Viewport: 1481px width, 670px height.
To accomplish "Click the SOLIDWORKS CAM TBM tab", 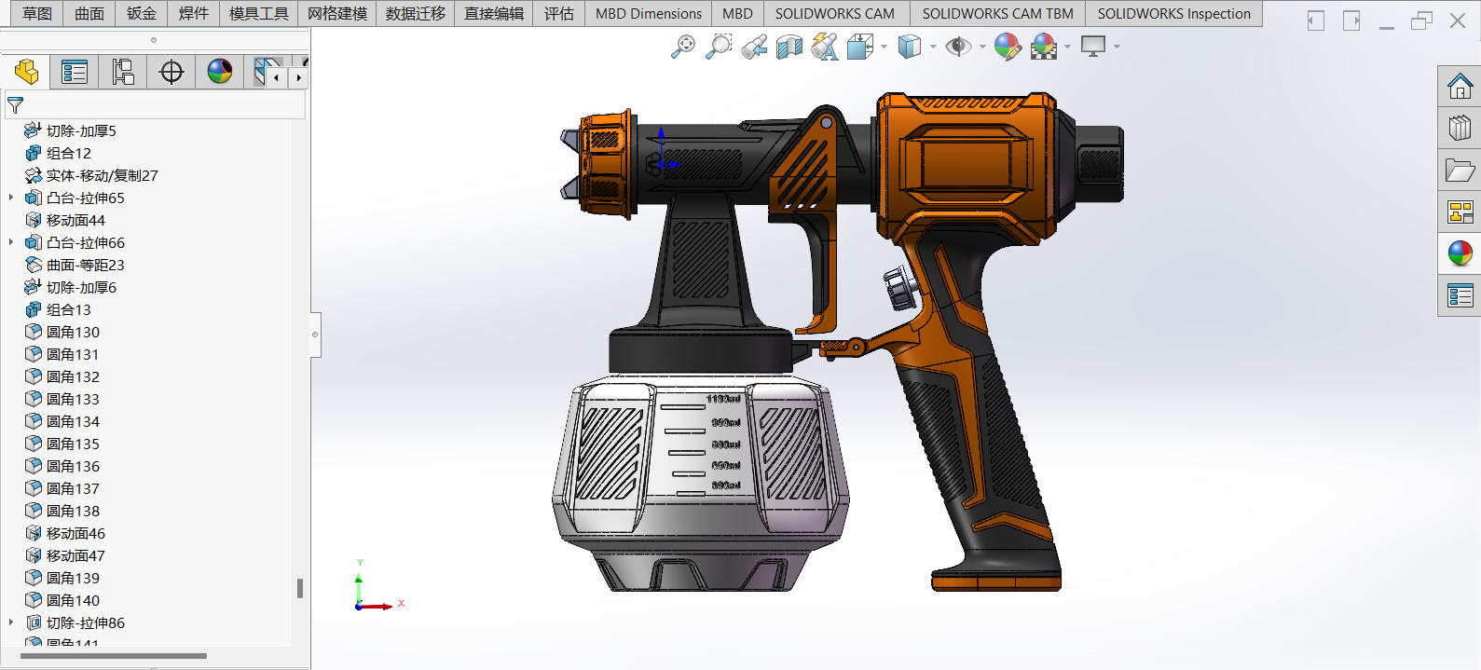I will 997,14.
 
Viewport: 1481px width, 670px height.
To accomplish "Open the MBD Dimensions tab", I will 648,14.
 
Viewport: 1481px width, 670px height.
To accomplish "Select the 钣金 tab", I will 142,14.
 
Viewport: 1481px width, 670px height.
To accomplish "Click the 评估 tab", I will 558,14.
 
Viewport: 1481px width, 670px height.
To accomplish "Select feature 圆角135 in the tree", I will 73,444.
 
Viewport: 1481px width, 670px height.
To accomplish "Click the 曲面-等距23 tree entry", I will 85,265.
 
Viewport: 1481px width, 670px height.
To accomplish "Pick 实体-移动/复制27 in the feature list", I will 102,175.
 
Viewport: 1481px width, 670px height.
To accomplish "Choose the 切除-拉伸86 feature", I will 85,622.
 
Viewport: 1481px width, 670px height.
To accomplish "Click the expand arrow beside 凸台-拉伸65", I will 11,198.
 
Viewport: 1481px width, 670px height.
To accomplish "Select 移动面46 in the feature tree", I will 75,533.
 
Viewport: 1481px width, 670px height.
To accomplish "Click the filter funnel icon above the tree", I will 15,105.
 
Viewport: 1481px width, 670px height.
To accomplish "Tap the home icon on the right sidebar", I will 1460,87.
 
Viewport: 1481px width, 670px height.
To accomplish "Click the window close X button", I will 1458,21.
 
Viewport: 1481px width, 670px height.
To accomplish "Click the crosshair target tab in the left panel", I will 171,72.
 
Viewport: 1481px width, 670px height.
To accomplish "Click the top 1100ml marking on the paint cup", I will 723,399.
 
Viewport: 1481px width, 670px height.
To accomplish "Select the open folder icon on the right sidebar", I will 1460,170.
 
